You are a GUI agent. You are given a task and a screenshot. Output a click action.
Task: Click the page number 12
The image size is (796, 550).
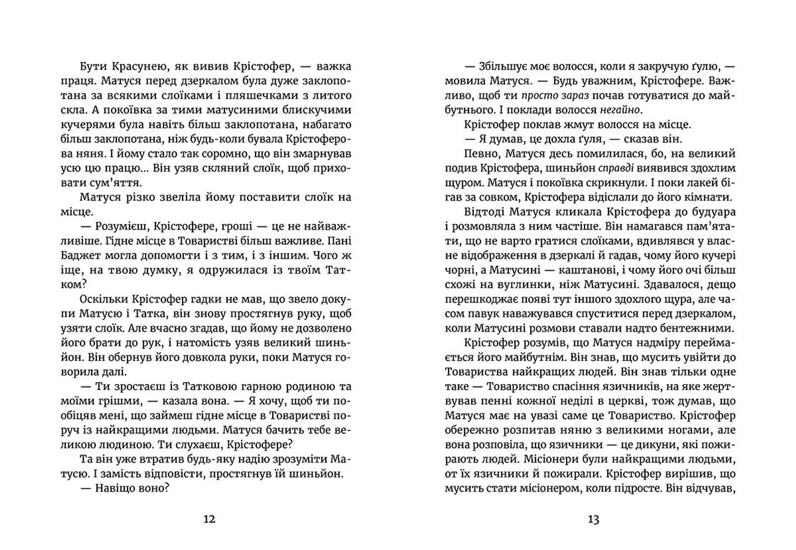pyautogui.click(x=209, y=519)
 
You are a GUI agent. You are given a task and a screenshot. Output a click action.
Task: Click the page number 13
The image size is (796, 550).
pyautogui.click(x=594, y=519)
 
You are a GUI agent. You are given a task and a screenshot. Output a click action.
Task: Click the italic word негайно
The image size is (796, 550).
pyautogui.click(x=620, y=110)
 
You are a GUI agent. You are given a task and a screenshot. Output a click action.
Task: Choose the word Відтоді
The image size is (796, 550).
pyautogui.click(x=484, y=212)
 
